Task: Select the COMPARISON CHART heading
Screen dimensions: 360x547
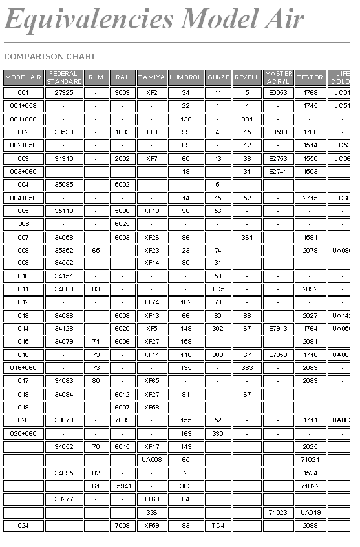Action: (50, 57)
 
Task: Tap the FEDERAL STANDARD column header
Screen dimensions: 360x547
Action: (64, 77)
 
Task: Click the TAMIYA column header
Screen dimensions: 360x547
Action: (151, 77)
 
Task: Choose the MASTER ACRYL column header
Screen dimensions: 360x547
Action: (279, 77)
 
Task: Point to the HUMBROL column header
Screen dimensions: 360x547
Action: (185, 77)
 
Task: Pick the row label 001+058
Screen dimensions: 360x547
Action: (23, 106)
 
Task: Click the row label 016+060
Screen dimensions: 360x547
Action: (23, 368)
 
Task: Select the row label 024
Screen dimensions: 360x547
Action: (23, 526)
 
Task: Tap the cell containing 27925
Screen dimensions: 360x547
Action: (64, 93)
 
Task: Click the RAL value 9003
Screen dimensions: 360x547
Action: (122, 93)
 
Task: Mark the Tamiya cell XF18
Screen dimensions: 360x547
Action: (151, 211)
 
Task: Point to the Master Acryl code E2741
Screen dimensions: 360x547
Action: (279, 172)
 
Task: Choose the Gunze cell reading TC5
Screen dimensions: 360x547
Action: (218, 289)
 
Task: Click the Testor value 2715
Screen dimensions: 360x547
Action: (310, 198)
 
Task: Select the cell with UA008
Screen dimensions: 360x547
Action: (151, 460)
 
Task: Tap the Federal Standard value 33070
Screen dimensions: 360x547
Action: (64, 420)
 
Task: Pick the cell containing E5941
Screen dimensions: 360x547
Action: (122, 486)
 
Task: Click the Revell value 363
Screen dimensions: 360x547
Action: (247, 368)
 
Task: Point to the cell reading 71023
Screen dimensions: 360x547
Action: (279, 512)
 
